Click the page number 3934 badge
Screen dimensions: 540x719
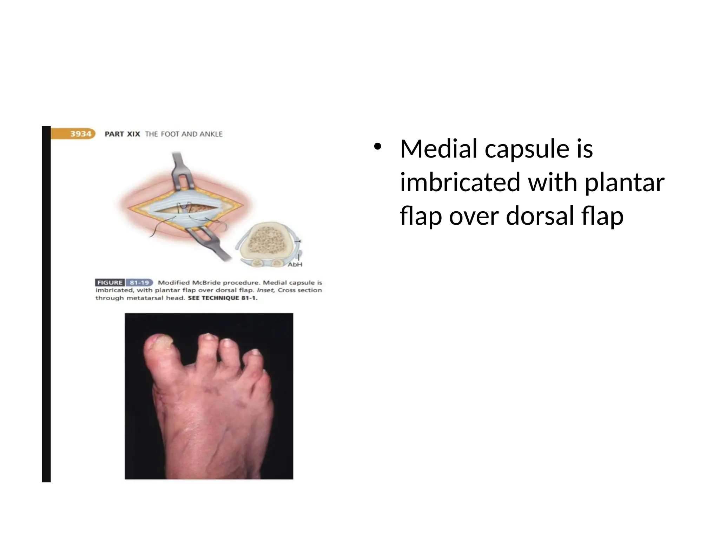click(x=80, y=134)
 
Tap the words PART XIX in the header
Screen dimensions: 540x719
click(x=122, y=134)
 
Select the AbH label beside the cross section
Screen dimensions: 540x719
click(x=295, y=264)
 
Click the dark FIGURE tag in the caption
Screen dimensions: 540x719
click(x=110, y=283)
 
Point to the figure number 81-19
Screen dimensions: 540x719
click(x=139, y=283)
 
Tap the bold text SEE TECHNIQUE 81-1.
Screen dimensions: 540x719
click(x=223, y=298)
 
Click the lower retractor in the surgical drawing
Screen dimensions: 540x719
click(x=211, y=243)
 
